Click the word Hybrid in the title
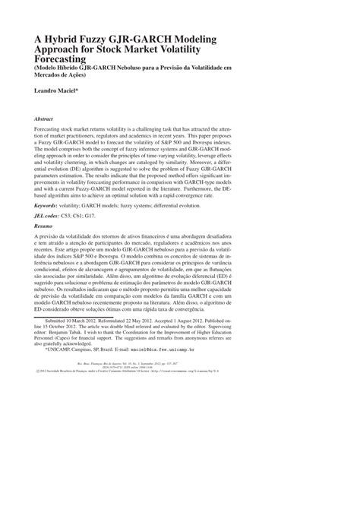point(68,37)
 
